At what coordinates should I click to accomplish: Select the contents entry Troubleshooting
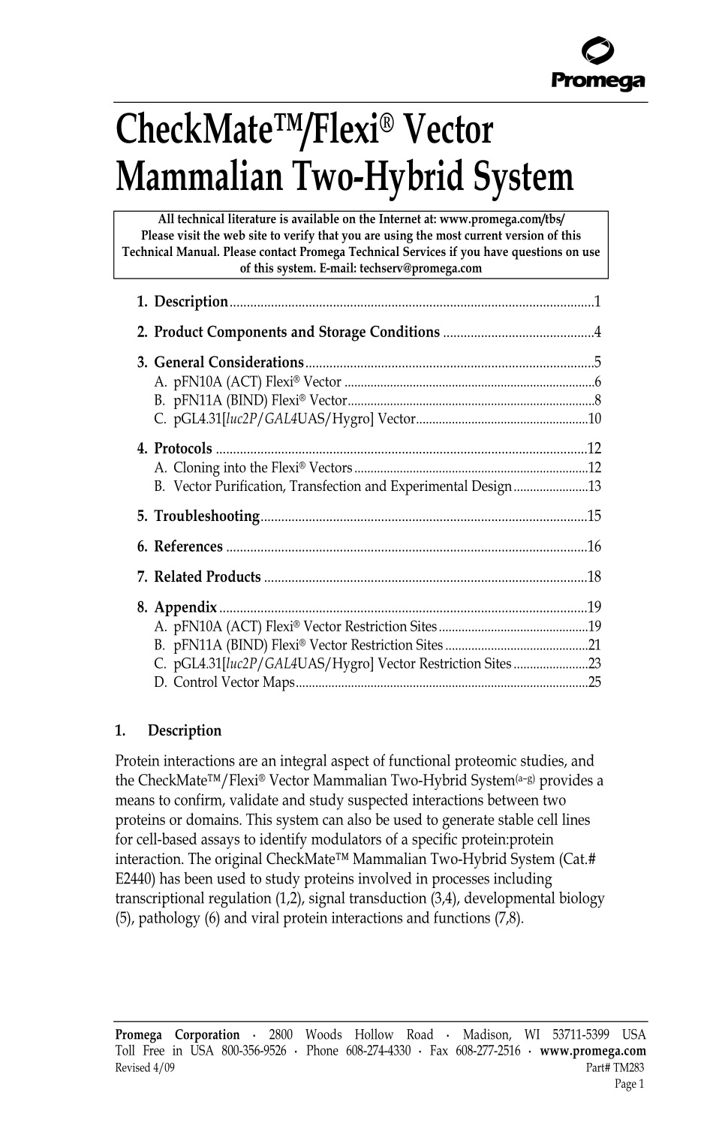pos(206,516)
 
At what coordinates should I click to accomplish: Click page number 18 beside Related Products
pos(594,577)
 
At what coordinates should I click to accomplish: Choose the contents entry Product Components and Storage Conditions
pos(296,333)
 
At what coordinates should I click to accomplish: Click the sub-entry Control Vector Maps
pos(233,683)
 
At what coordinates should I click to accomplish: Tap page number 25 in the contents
pos(594,683)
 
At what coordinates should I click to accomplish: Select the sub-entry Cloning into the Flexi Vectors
pos(263,468)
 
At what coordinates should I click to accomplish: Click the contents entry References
pos(188,547)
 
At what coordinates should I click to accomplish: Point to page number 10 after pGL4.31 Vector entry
pos(594,420)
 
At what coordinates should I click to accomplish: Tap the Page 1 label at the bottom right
pos(629,1083)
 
